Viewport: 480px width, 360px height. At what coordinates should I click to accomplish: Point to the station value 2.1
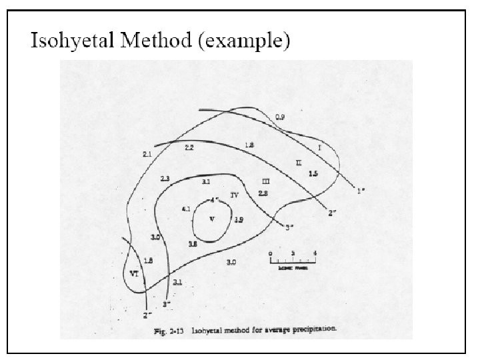click(x=147, y=154)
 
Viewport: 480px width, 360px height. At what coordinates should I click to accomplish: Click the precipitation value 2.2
click(x=189, y=147)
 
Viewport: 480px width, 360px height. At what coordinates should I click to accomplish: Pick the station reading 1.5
click(x=313, y=173)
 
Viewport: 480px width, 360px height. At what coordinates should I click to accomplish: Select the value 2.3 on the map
click(x=165, y=179)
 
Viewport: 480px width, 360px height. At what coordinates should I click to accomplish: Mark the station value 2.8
click(x=263, y=193)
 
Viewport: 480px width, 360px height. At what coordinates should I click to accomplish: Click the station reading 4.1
click(x=186, y=209)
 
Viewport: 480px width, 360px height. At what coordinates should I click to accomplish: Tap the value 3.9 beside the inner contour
click(x=239, y=219)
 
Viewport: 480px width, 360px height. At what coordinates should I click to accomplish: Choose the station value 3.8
click(x=193, y=245)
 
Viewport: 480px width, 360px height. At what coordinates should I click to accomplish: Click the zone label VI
click(x=134, y=273)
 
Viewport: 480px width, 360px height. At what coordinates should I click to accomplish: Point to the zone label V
click(x=212, y=221)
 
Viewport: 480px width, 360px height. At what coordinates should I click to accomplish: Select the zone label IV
click(x=234, y=195)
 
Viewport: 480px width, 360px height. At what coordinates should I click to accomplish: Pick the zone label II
click(x=299, y=162)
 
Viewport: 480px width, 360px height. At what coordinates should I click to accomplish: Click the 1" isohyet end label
click(x=361, y=190)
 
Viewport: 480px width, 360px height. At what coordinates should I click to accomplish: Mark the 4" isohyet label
click(x=214, y=199)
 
